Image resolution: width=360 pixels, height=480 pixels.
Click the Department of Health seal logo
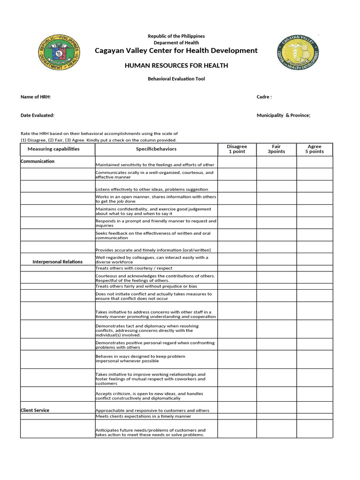tap(59, 53)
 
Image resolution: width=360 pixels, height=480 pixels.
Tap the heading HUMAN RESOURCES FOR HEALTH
tap(176, 66)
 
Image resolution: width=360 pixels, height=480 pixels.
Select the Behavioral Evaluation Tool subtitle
tap(176, 79)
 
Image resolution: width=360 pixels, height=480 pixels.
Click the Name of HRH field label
tap(36, 97)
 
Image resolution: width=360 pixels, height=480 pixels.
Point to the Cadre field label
tap(264, 97)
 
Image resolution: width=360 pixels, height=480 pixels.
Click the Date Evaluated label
tap(37, 115)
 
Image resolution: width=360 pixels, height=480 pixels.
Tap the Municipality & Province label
tap(283, 115)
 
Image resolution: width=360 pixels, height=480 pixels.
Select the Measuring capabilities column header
tap(53, 149)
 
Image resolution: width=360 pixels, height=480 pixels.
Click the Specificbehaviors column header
tap(156, 149)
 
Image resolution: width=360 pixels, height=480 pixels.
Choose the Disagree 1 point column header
tap(237, 149)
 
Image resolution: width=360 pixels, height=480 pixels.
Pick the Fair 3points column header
tap(276, 149)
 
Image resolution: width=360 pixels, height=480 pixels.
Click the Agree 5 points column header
tap(315, 149)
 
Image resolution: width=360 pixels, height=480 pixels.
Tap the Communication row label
tap(37, 161)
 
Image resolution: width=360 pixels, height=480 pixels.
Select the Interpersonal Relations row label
tap(57, 262)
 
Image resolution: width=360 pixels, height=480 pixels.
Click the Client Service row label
tap(35, 410)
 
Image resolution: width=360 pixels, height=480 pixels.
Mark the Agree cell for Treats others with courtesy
tap(315, 268)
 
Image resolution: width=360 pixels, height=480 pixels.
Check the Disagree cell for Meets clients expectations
tap(237, 416)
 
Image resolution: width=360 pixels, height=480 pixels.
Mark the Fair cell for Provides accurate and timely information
tap(276, 247)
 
